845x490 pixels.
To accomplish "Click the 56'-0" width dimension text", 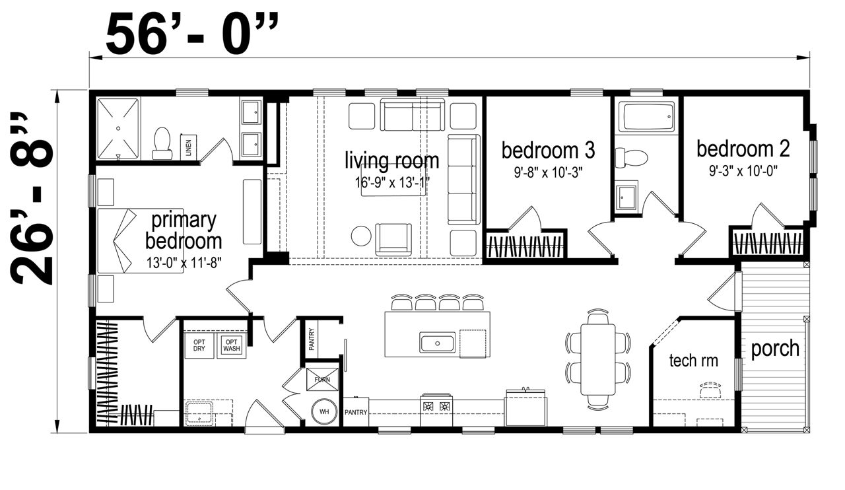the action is pyautogui.click(x=192, y=34).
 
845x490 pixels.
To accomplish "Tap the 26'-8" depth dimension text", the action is pyautogui.click(x=32, y=199).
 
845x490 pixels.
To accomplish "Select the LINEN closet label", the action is pyautogui.click(x=189, y=147).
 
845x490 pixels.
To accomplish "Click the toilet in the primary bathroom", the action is pyautogui.click(x=162, y=143).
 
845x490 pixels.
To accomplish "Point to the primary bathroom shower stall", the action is pyautogui.click(x=118, y=129).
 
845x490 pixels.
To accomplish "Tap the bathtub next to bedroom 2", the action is pyautogui.click(x=648, y=117).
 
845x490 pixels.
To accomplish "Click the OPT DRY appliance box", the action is pyautogui.click(x=199, y=345).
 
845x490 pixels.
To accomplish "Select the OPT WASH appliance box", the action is pyautogui.click(x=231, y=345).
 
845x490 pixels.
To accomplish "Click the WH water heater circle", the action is pyautogui.click(x=324, y=411).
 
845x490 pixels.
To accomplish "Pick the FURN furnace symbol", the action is pyautogui.click(x=322, y=380).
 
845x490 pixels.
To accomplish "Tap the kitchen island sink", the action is pyautogui.click(x=437, y=343).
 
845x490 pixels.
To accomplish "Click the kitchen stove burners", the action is pyautogui.click(x=437, y=406).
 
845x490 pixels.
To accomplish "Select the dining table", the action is pyautogui.click(x=598, y=359).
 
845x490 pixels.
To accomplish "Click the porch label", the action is pyautogui.click(x=775, y=349).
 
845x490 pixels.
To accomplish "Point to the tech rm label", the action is pyautogui.click(x=693, y=361).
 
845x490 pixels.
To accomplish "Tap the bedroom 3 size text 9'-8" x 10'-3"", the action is pyautogui.click(x=548, y=172).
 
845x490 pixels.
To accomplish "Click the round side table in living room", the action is pyautogui.click(x=361, y=236).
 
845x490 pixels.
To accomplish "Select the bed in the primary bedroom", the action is pyautogui.click(x=141, y=240).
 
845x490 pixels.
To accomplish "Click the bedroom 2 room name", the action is pyautogui.click(x=743, y=149).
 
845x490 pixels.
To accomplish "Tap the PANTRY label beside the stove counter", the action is pyautogui.click(x=356, y=412).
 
